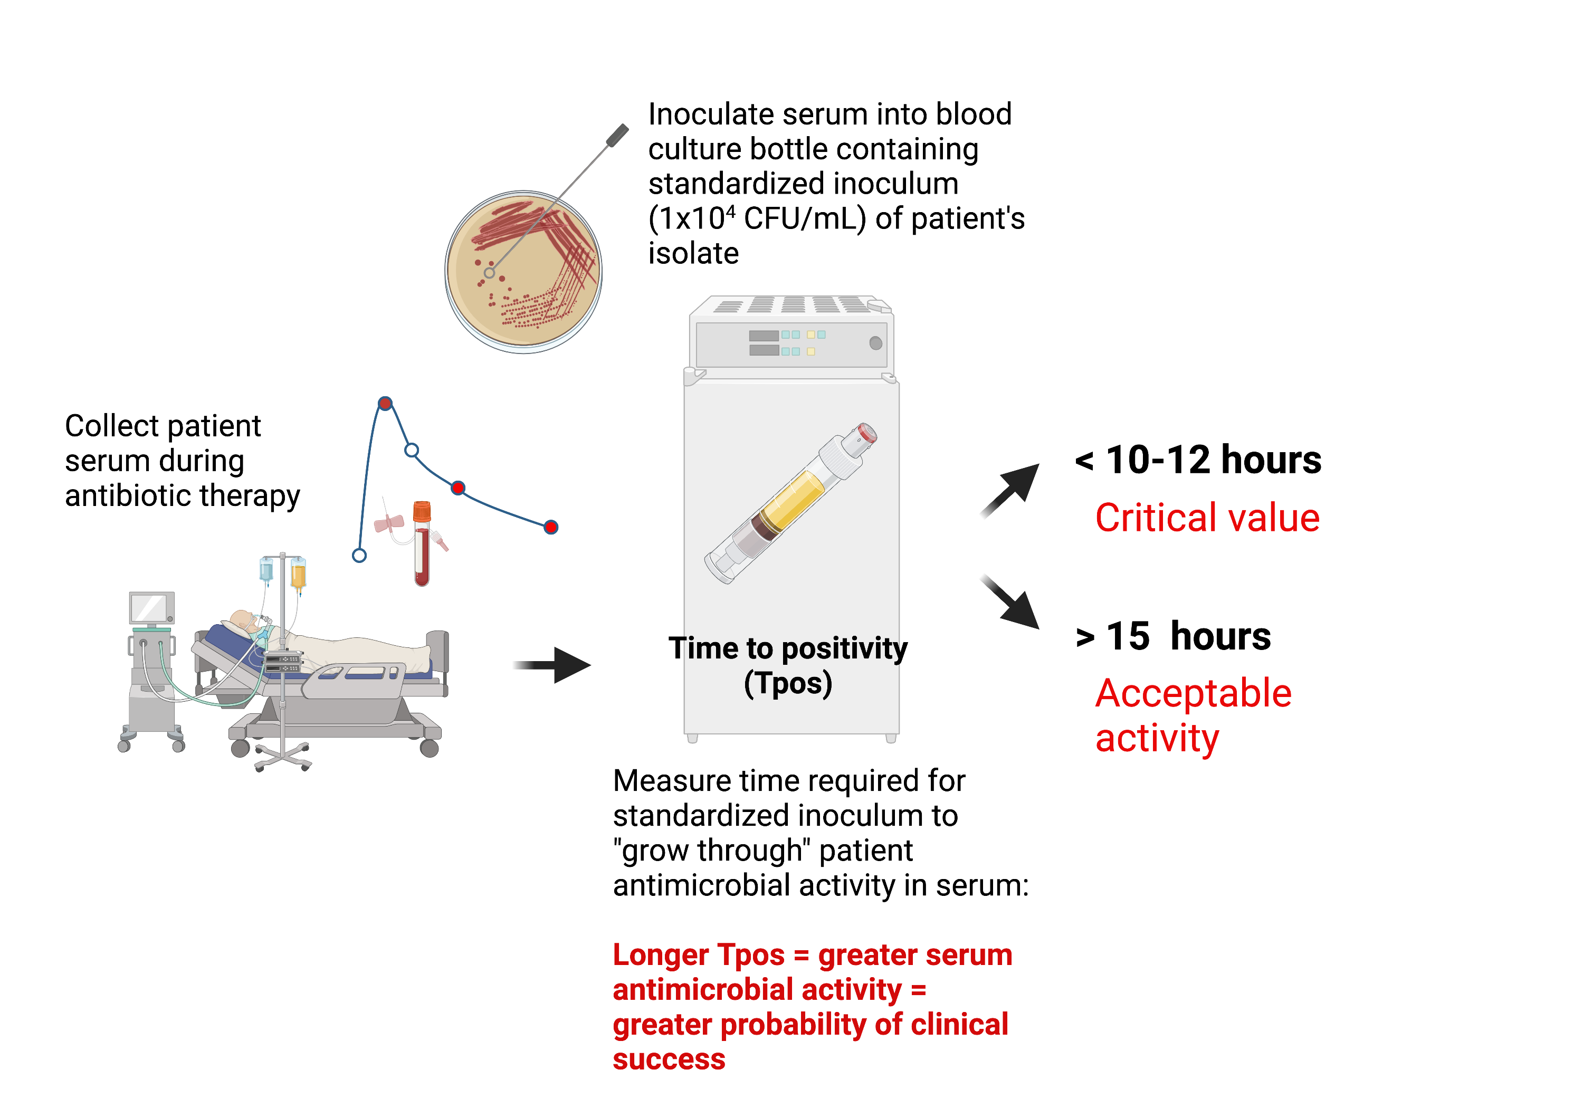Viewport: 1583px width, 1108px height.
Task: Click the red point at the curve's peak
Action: [385, 403]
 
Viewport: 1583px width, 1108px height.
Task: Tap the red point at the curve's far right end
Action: [551, 528]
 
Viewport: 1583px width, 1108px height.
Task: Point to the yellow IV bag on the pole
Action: [299, 573]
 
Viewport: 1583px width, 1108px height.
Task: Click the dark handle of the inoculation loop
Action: [618, 135]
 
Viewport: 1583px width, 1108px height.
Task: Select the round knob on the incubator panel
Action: [875, 342]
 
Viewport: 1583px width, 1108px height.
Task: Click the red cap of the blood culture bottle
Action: [866, 434]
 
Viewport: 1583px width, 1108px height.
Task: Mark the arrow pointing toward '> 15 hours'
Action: [1011, 601]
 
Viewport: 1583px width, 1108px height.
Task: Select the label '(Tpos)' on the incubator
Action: [788, 683]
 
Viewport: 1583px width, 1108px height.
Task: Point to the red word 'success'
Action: [669, 1059]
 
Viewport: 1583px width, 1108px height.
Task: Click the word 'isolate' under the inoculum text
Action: [693, 254]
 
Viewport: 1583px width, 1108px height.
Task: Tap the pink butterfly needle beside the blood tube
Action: [389, 523]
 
